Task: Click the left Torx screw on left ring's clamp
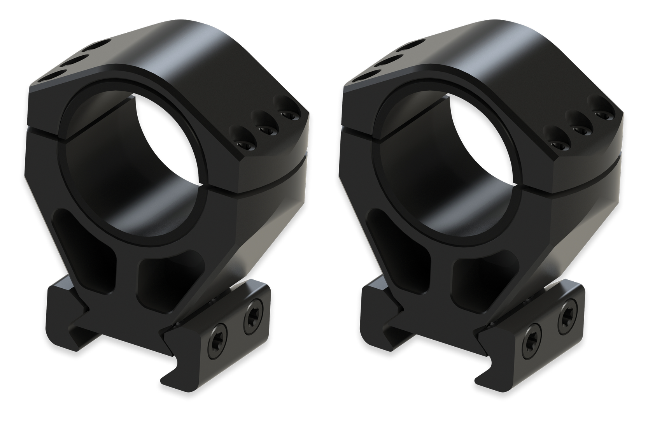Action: tap(216, 335)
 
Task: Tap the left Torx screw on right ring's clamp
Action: tap(530, 335)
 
